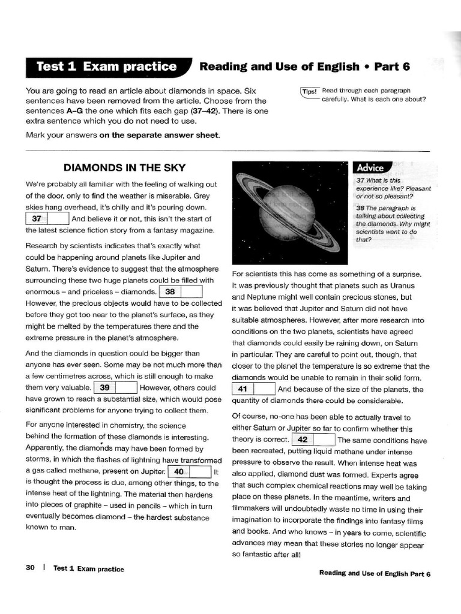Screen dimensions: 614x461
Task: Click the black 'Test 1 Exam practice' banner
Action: pyautogui.click(x=107, y=67)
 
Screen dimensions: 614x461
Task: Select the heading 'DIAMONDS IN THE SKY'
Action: pyautogui.click(x=125, y=168)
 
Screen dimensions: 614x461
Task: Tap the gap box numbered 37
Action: pyautogui.click(x=47, y=219)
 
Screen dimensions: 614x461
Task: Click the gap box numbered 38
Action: pyautogui.click(x=181, y=292)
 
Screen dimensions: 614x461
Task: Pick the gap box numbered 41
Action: pyautogui.click(x=253, y=389)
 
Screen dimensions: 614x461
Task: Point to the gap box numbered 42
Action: pyautogui.click(x=313, y=440)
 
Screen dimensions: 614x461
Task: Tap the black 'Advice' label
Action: pyautogui.click(x=371, y=167)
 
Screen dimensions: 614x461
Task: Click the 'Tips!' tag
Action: pyautogui.click(x=310, y=91)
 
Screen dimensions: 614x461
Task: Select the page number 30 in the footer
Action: pyautogui.click(x=31, y=568)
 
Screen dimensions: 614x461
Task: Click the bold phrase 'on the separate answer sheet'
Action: pyautogui.click(x=160, y=134)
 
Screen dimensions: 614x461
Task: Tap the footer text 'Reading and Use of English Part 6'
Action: pyautogui.click(x=375, y=574)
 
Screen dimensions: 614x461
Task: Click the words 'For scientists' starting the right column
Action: pyautogui.click(x=255, y=274)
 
